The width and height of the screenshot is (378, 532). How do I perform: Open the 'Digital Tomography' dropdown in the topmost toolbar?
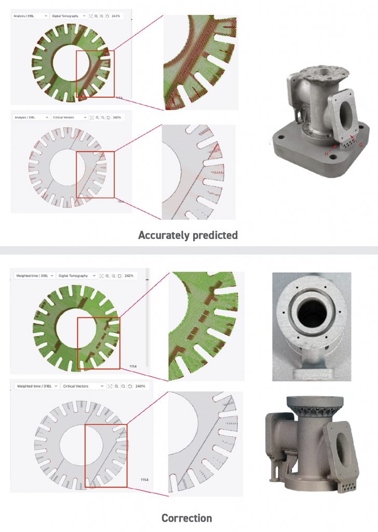[69, 16]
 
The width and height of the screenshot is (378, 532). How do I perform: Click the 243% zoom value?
[115, 16]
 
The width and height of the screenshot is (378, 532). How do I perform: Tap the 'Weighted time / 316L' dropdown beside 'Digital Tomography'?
[33, 275]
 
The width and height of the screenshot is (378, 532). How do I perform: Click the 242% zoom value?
[129, 275]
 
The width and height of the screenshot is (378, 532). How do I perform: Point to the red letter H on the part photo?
[327, 154]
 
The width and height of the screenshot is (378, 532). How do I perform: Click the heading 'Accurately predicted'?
[188, 235]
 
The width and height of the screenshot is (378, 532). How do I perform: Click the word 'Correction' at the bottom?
[186, 518]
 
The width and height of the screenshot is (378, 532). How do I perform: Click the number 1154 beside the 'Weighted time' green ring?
[133, 366]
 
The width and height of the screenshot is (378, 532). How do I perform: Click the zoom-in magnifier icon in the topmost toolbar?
[96, 16]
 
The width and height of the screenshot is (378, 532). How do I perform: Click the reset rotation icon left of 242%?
[119, 275]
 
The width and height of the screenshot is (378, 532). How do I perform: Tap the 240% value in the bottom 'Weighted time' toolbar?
[141, 386]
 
